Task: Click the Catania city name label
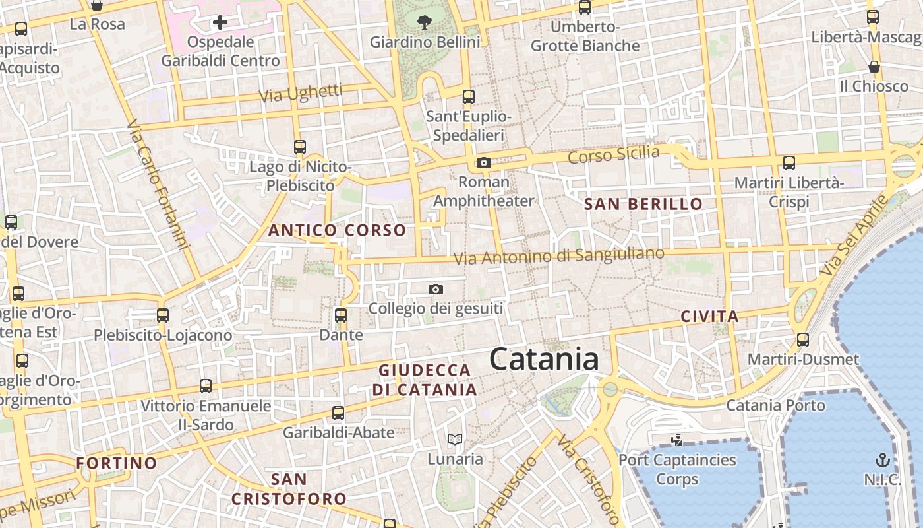coord(544,360)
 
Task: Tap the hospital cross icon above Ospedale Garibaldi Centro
coord(220,23)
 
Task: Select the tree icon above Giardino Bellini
coord(425,22)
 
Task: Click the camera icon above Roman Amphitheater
coord(483,162)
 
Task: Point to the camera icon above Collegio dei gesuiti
coord(435,289)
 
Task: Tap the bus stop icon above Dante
coord(341,315)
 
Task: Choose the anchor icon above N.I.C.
coord(882,459)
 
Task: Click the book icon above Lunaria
coord(455,439)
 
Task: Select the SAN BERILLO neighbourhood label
coord(643,204)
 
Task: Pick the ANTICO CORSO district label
coord(338,230)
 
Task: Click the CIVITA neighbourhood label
coord(709,317)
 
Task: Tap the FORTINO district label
coord(117,463)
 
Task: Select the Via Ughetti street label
coord(301,93)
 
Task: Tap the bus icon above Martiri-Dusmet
coord(802,340)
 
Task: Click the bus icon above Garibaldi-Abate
coord(338,413)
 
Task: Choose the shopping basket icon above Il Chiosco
coord(874,67)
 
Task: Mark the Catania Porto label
coord(775,405)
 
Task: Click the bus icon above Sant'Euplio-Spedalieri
coord(469,97)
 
